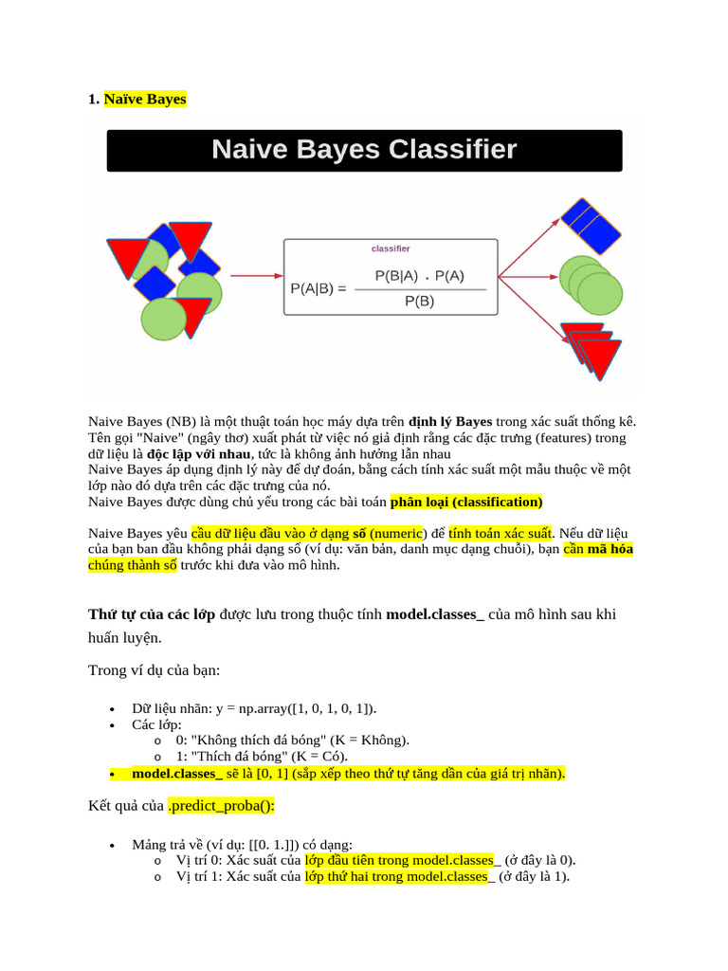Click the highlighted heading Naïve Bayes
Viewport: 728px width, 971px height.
click(145, 99)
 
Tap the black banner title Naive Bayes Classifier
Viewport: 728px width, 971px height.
click(364, 150)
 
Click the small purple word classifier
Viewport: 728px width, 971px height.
click(391, 248)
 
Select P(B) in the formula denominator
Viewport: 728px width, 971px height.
click(419, 302)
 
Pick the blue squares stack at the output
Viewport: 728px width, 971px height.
click(591, 224)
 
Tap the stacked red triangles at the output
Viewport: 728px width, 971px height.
click(591, 349)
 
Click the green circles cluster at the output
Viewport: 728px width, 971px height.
click(589, 285)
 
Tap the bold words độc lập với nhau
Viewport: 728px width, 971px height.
click(198, 453)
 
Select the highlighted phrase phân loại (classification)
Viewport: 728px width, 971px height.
click(466, 502)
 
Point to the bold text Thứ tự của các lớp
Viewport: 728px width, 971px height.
click(152, 614)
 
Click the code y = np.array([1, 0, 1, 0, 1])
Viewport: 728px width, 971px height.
click(302, 708)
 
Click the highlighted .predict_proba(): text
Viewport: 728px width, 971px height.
click(221, 806)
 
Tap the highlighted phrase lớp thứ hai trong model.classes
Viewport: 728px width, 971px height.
click(399, 876)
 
